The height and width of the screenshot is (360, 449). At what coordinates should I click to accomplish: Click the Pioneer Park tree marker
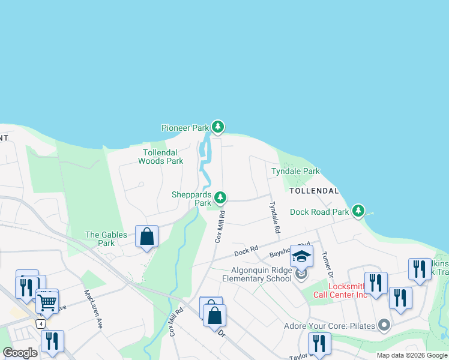pos(218,127)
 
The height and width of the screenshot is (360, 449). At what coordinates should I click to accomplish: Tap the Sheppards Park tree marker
pos(221,197)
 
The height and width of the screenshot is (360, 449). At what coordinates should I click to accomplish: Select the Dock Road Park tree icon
pos(358,211)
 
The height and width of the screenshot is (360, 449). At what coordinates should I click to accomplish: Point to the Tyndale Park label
pos(295,171)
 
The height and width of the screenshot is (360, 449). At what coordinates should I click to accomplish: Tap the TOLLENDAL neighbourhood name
pos(314,191)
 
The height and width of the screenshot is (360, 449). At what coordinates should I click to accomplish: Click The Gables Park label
pos(100,239)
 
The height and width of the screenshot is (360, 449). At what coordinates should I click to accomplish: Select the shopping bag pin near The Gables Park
pos(146,236)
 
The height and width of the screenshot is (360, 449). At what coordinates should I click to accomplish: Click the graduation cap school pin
pos(301,256)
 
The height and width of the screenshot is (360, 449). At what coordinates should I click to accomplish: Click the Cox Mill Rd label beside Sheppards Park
pos(220,226)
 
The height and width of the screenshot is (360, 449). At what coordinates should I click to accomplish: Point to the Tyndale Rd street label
pos(274,217)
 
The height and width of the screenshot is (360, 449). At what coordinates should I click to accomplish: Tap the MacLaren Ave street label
pos(94,310)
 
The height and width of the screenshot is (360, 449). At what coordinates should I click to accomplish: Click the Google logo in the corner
pos(20,353)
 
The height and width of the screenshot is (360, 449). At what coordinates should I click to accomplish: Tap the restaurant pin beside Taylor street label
pos(319,344)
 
